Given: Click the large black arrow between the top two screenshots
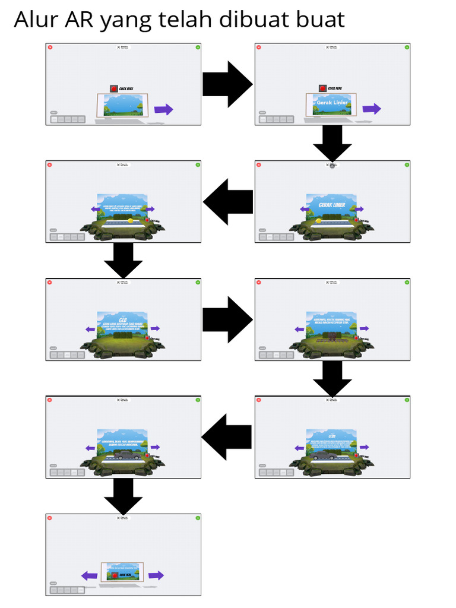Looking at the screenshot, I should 227,84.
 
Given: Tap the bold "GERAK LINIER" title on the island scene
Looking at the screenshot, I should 331,205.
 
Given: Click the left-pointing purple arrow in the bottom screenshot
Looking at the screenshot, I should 89,575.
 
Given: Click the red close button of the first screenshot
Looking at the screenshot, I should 50,47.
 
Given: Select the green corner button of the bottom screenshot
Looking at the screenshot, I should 198,518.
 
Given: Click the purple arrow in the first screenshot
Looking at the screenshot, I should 163,109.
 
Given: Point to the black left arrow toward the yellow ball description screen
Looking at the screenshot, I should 227,201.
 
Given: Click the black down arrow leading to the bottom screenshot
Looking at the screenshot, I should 123,496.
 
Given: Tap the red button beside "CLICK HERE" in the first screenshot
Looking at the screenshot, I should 113,88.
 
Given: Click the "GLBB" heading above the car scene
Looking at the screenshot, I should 332,436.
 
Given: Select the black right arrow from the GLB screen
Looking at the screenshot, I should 227,319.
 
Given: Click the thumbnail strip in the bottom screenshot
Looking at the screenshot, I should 67,590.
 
